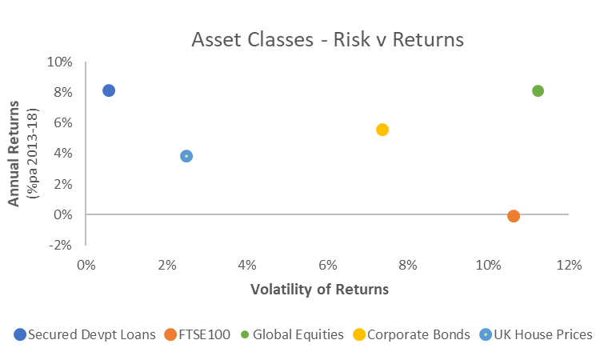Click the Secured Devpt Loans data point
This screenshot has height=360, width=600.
(x=109, y=90)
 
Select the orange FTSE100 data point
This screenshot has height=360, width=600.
(x=514, y=216)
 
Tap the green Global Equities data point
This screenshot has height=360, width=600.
(x=538, y=91)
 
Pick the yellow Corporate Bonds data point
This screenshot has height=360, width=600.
(x=382, y=130)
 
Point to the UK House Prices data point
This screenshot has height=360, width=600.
(x=186, y=156)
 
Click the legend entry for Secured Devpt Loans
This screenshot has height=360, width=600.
(x=85, y=334)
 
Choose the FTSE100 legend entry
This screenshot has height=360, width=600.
(x=198, y=334)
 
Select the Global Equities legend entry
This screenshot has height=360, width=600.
(x=292, y=334)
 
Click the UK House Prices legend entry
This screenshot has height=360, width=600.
(x=536, y=334)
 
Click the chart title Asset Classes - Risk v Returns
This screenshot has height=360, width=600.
(x=328, y=39)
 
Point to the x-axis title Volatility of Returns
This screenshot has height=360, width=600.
(x=319, y=290)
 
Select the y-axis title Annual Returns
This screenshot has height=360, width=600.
(x=14, y=154)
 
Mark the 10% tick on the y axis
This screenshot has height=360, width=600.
(x=60, y=62)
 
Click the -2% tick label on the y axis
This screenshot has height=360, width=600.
(x=61, y=245)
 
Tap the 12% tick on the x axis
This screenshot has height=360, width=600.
(x=569, y=265)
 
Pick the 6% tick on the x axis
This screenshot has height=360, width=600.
(x=327, y=265)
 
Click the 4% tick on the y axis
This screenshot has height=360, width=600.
(x=63, y=153)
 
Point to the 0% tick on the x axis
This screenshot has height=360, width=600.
(x=86, y=265)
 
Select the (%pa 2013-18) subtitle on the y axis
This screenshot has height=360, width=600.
(x=33, y=154)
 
